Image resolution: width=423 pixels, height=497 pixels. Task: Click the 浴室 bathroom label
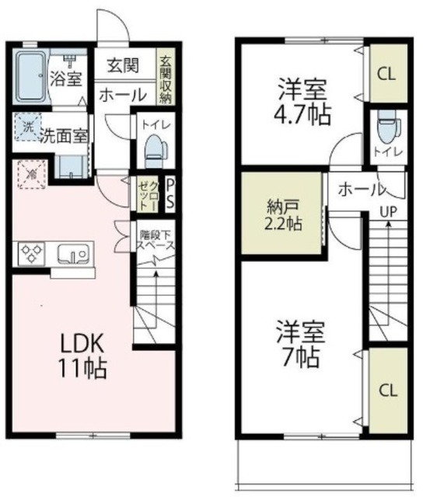[65, 78]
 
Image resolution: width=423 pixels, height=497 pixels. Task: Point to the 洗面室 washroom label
[64, 134]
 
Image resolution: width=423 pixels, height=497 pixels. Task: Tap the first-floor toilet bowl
[156, 148]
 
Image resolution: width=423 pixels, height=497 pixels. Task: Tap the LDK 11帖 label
[79, 353]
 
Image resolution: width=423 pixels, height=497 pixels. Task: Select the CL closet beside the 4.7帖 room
[386, 74]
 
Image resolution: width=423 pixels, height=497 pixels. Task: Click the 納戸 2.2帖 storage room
[281, 211]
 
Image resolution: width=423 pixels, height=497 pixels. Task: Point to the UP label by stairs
[384, 210]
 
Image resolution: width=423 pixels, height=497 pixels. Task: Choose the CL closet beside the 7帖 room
[386, 391]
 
